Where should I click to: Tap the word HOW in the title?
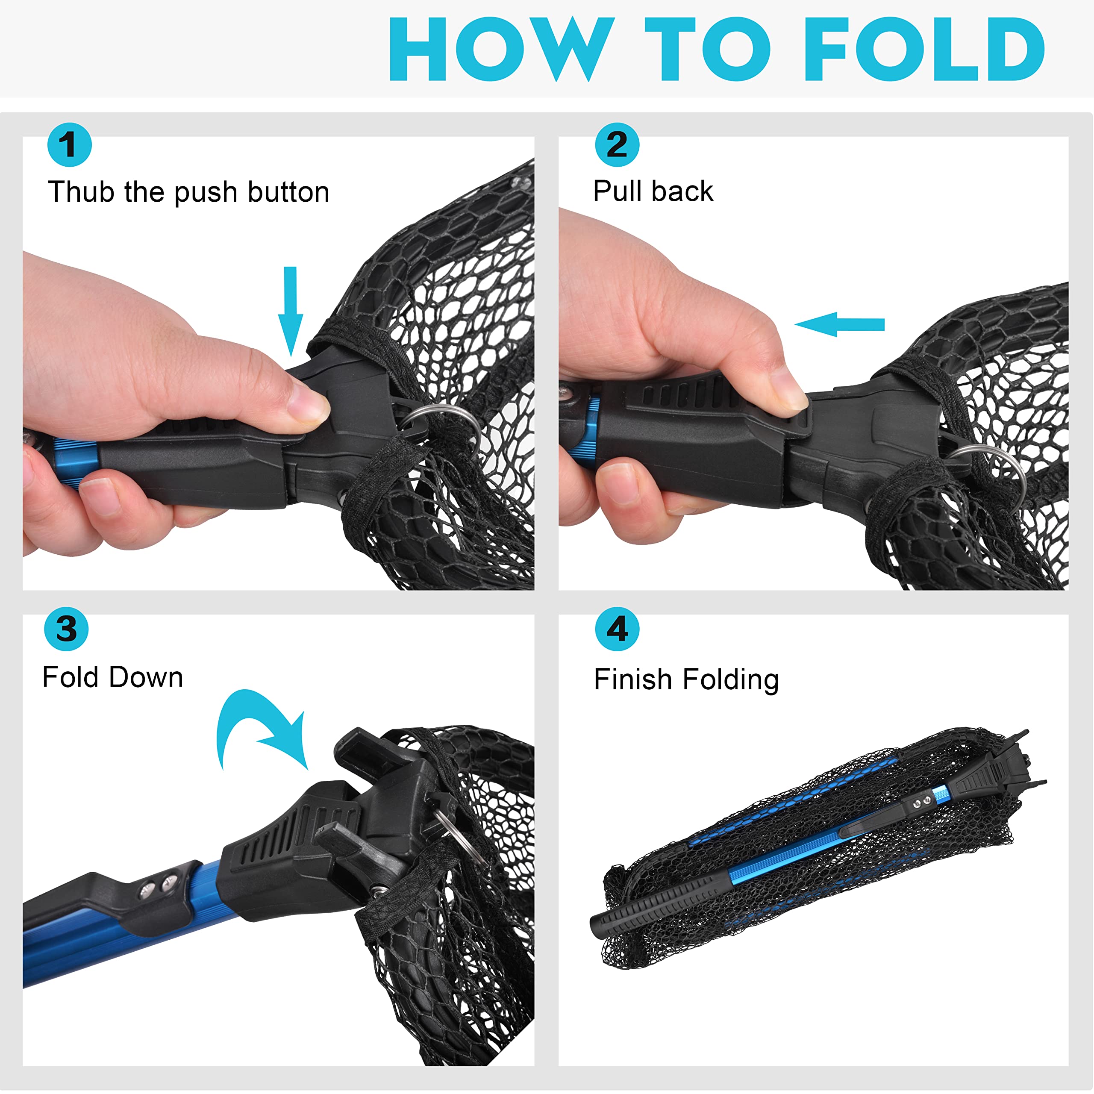(x=501, y=49)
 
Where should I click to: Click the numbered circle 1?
(x=69, y=144)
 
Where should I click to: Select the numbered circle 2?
(x=617, y=144)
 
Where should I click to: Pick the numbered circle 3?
(x=66, y=629)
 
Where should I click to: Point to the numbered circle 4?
(x=617, y=629)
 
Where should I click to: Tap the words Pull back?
(x=653, y=191)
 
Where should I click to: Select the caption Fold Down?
(x=113, y=677)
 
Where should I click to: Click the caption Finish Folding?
(x=686, y=680)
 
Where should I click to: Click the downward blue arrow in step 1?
(x=291, y=312)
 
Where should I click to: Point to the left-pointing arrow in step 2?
(x=840, y=324)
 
